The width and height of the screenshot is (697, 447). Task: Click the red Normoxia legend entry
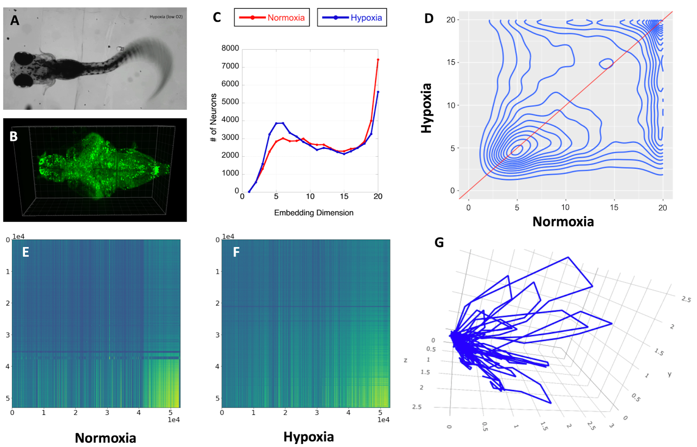tap(272, 18)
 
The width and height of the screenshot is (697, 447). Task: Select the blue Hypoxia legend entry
tap(352, 18)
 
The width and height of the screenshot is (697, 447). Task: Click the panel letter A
tap(15, 20)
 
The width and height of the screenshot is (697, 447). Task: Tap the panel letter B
tap(14, 137)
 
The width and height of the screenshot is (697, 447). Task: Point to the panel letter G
tap(439, 242)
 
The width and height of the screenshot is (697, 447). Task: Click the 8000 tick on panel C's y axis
tap(230, 48)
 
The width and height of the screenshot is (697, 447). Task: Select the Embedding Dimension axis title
tap(314, 213)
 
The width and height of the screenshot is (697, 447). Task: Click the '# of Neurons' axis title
tap(213, 118)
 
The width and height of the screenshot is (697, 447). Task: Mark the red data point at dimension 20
tap(378, 60)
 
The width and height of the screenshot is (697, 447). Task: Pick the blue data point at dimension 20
tap(378, 92)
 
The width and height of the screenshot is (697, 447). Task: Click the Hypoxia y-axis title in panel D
tap(426, 108)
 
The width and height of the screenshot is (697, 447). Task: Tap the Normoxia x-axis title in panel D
tap(563, 222)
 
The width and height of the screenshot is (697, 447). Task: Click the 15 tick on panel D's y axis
tap(451, 62)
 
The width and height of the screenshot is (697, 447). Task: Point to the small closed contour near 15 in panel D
tap(606, 64)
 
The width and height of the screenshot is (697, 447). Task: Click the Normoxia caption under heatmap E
tap(105, 437)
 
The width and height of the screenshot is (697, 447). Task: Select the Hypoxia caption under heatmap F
tap(308, 437)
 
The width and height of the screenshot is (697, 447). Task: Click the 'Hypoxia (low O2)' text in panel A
tap(166, 17)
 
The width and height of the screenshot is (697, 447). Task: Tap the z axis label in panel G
tap(406, 360)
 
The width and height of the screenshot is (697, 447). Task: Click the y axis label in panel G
tap(670, 374)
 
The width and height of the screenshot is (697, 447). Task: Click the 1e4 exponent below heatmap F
tap(383, 420)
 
